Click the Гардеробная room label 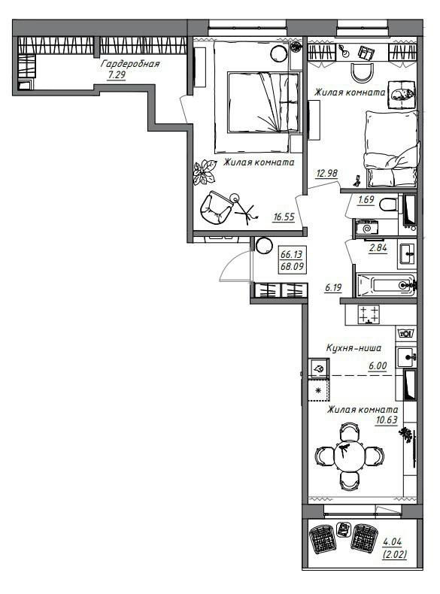(x=130, y=64)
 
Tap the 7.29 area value (x=117, y=75)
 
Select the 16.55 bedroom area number (x=284, y=217)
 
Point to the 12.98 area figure (x=326, y=174)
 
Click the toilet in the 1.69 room (x=387, y=205)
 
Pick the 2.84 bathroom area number (x=378, y=249)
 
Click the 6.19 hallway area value (x=333, y=288)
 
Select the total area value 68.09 (x=292, y=267)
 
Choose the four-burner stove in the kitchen (x=369, y=314)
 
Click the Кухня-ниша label (x=354, y=348)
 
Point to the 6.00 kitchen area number (x=378, y=366)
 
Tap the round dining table (x=349, y=456)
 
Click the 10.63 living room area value (x=386, y=420)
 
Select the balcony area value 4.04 (x=393, y=542)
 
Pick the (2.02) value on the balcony (x=395, y=555)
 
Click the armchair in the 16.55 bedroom (x=216, y=208)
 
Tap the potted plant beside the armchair (x=205, y=172)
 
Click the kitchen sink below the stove (x=406, y=357)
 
